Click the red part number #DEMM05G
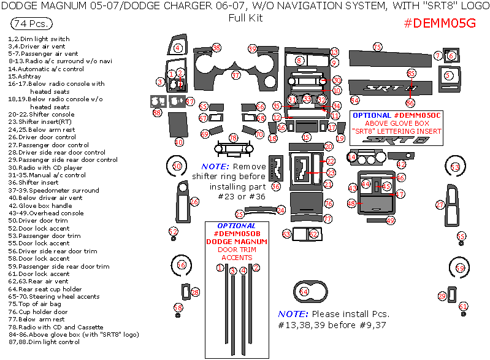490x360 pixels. [x=440, y=23]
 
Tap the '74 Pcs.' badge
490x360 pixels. [x=31, y=24]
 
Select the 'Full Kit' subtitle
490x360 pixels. [x=245, y=18]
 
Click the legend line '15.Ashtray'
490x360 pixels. [x=27, y=77]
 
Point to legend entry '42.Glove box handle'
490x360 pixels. [x=47, y=205]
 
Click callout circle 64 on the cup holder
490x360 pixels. [x=304, y=292]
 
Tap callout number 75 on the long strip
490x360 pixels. [x=378, y=47]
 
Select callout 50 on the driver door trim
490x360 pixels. [x=177, y=166]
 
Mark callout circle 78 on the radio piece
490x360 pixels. [x=233, y=138]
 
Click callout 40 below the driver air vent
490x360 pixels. [x=179, y=142]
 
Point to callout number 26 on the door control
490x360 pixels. [x=194, y=202]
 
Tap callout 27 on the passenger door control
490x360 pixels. [x=440, y=204]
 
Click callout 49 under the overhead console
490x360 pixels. [x=391, y=220]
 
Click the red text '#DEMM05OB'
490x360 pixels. [x=237, y=234]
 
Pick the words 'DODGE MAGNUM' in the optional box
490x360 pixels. [x=237, y=242]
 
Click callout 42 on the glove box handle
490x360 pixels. [x=401, y=164]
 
